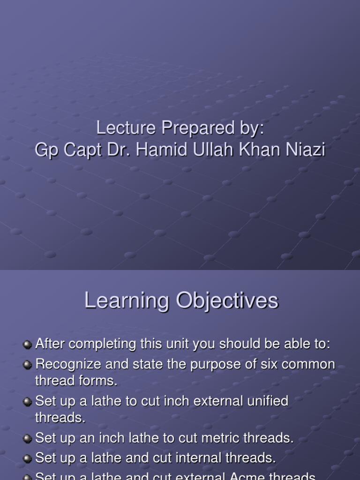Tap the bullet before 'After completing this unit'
(28, 345)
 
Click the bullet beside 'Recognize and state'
(28, 365)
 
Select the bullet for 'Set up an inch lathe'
(28, 438)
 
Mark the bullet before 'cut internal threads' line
(28, 458)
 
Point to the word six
(261, 364)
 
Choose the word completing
(98, 345)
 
